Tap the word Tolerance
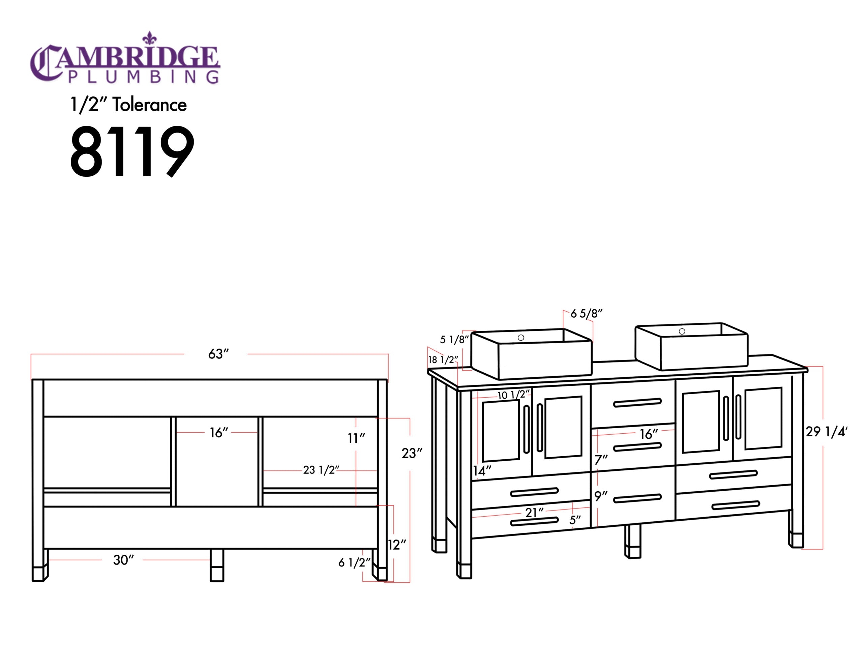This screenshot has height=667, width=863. click(149, 105)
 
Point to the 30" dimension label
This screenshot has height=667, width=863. click(123, 560)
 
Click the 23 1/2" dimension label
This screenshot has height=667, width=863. click(321, 470)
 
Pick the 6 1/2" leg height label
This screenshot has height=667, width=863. click(354, 562)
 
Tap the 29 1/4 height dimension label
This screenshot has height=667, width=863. click(826, 432)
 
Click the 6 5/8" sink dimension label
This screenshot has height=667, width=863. click(586, 314)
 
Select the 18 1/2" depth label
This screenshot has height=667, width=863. click(443, 359)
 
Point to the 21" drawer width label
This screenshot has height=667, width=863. click(534, 513)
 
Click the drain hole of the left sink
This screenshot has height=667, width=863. click(521, 338)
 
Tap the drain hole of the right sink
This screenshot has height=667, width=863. click(682, 331)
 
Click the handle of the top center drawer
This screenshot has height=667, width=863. click(637, 403)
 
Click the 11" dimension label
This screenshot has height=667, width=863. click(356, 438)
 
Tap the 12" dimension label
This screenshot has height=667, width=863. click(397, 545)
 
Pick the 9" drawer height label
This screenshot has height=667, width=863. click(601, 496)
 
